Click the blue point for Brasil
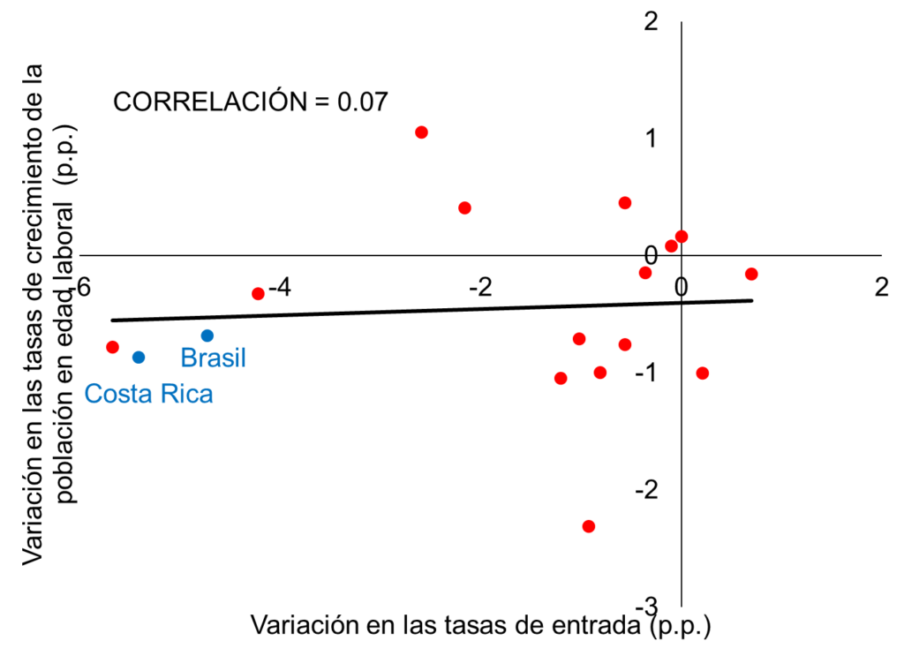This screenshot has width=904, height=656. (207, 336)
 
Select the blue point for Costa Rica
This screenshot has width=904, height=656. (139, 357)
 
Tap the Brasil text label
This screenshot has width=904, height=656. (213, 358)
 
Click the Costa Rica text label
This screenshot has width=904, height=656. (148, 393)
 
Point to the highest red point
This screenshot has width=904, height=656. (421, 132)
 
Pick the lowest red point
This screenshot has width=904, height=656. (589, 526)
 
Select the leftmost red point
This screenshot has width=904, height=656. (112, 347)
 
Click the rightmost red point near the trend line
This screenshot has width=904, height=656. (751, 274)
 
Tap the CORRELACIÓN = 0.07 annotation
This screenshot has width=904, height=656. (251, 102)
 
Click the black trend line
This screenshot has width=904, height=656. (433, 310)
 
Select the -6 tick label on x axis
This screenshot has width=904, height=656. (80, 287)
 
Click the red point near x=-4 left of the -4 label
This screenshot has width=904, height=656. (258, 293)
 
